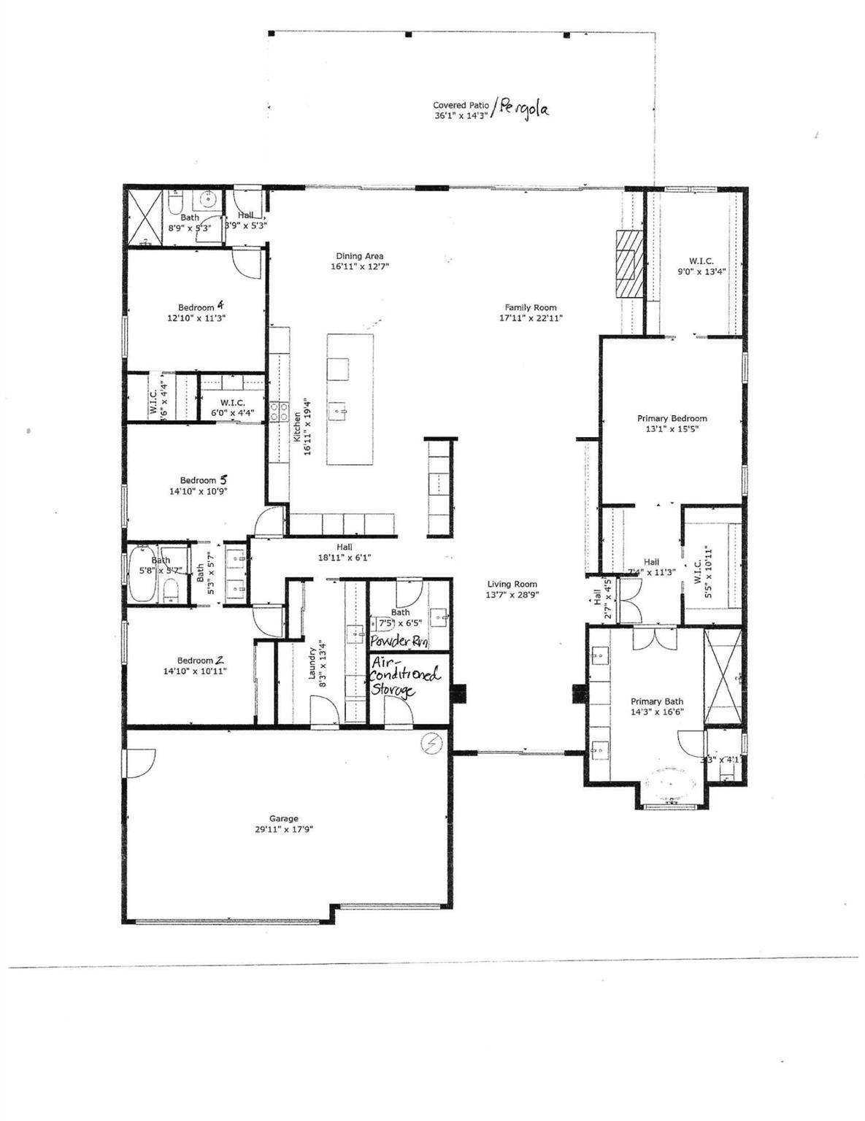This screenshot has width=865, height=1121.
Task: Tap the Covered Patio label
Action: point(461,105)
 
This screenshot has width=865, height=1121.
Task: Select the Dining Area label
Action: point(359,256)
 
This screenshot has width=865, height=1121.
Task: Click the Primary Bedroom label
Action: point(672,418)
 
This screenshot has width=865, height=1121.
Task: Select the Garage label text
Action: point(283,819)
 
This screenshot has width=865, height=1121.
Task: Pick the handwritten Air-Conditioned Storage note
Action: point(405,676)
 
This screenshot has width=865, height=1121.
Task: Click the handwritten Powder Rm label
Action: point(399,642)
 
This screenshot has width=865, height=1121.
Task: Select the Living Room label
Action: point(512,584)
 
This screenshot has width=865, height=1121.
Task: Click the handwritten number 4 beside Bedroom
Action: point(220,306)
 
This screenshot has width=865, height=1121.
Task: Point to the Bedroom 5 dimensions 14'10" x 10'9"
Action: point(198,491)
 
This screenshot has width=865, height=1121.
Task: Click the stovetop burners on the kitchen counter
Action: point(278,412)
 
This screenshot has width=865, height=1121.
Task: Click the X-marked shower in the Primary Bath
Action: point(723,675)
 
